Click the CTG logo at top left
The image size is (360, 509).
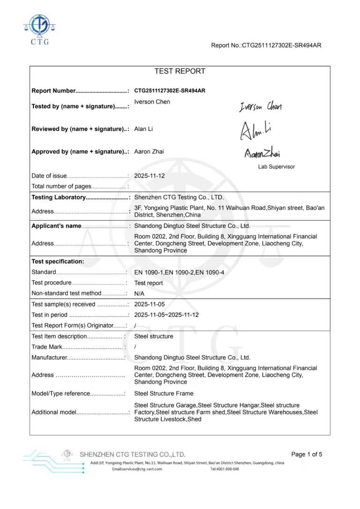(x=39, y=29)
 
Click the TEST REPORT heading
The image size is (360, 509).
(x=180, y=71)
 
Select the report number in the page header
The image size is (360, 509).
(x=266, y=45)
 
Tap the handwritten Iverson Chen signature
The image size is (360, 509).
(x=261, y=107)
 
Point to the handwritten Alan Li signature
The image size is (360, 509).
(x=256, y=130)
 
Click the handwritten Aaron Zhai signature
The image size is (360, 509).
(x=262, y=152)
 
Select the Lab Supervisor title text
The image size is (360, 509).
(x=277, y=166)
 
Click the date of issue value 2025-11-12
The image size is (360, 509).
(x=150, y=176)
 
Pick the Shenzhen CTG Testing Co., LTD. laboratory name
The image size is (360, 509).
(x=179, y=197)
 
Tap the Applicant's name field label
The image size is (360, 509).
(x=56, y=226)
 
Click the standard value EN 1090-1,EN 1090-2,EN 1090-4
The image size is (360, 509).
(x=179, y=272)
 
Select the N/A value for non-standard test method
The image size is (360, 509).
(x=139, y=293)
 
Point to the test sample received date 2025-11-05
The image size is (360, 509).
(x=150, y=304)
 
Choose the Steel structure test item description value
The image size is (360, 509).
(x=154, y=336)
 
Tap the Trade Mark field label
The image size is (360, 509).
(x=46, y=347)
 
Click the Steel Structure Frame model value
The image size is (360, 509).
(x=164, y=394)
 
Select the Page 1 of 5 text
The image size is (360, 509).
(x=307, y=454)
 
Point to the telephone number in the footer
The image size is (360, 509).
(x=225, y=469)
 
